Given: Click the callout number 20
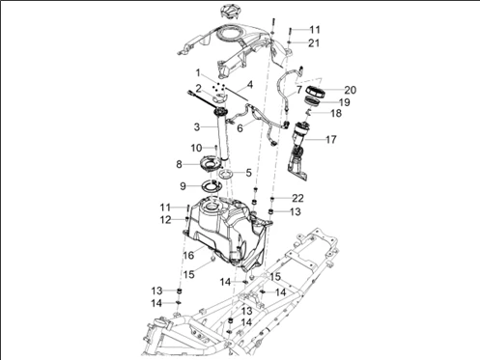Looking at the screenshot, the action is (351, 90).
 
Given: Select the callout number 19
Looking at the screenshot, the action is (345, 102).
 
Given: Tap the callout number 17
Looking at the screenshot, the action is (331, 139).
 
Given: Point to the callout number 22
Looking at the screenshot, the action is (297, 198).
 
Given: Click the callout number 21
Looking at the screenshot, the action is (314, 42).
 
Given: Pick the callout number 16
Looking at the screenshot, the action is (188, 255).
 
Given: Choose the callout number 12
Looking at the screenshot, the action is (166, 220).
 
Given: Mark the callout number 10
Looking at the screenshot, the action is (196, 148).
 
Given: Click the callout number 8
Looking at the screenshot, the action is (180, 164).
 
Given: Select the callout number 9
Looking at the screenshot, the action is (183, 186).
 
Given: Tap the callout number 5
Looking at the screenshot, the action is (248, 173).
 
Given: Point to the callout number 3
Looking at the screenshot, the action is (197, 127).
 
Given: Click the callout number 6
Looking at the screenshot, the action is (240, 128).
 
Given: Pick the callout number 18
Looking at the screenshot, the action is (336, 113).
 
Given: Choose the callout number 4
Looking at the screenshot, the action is (250, 85).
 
